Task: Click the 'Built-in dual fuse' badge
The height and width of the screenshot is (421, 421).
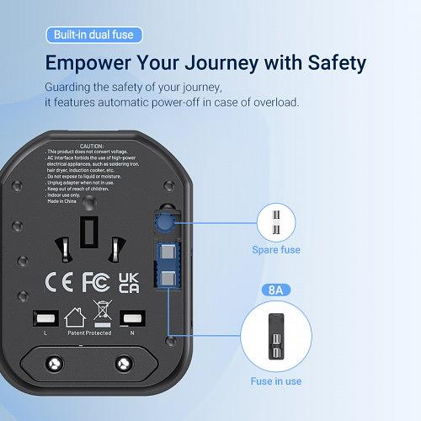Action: point(93,35)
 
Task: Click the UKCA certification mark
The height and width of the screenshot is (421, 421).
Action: point(129,281)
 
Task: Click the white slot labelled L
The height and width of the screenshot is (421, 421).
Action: point(45,318)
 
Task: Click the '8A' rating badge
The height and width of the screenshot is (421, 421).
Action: point(276,290)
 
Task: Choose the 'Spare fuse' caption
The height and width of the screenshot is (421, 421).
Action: point(276,249)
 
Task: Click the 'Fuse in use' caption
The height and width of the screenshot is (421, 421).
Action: point(276,381)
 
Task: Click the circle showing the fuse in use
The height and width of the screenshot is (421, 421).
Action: point(276,335)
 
